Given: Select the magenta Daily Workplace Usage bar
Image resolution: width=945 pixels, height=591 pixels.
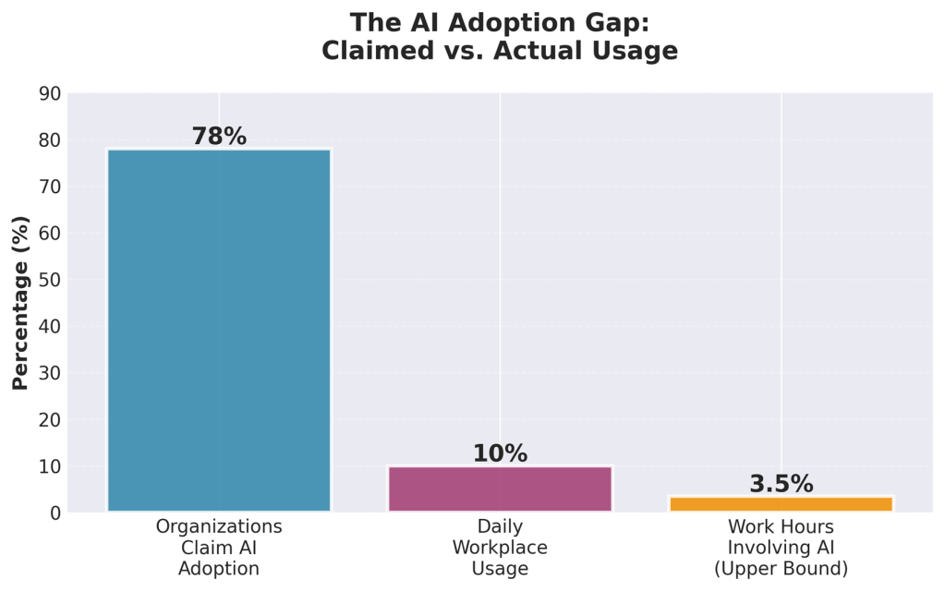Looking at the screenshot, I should [500, 488].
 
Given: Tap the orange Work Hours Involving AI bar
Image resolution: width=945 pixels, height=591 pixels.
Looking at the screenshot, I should [781, 503].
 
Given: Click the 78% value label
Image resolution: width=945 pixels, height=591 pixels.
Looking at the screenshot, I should [219, 137].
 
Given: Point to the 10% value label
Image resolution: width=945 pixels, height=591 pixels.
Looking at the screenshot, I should [500, 453].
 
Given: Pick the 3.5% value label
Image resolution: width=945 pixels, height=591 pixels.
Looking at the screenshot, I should [781, 484].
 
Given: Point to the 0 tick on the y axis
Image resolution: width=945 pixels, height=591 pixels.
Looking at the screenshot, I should [55, 513].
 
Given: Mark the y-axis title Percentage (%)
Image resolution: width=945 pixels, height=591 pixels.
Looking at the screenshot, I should [19, 303].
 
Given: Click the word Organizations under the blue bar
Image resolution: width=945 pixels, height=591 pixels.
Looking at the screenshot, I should [219, 527].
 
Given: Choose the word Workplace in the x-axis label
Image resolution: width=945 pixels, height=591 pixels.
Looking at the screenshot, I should [500, 548].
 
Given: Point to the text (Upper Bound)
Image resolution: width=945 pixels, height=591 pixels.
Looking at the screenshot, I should [781, 569].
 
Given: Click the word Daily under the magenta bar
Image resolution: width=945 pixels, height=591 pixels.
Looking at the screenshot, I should [500, 527].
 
